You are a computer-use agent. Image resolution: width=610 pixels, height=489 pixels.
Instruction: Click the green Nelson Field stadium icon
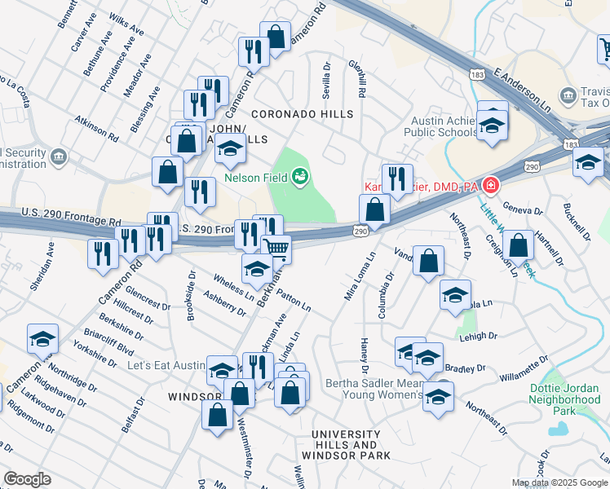tap(299, 174)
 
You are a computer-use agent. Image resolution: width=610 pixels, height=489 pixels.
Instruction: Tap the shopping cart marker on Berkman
tap(276, 248)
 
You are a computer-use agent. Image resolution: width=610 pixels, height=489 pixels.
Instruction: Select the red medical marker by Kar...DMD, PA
tap(489, 186)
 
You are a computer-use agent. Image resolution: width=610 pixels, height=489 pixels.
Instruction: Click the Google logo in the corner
tap(27, 479)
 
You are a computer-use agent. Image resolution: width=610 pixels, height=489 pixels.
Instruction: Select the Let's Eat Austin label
tap(166, 365)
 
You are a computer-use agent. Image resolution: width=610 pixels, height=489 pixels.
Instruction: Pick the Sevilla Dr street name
tap(326, 81)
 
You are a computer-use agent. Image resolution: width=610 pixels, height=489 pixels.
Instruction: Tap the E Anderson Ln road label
tap(523, 90)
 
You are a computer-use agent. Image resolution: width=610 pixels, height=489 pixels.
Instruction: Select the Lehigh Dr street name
tap(478, 336)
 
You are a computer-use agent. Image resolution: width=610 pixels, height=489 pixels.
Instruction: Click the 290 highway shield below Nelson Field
tap(360, 232)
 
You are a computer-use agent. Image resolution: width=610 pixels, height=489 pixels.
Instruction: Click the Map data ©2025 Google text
tap(559, 482)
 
